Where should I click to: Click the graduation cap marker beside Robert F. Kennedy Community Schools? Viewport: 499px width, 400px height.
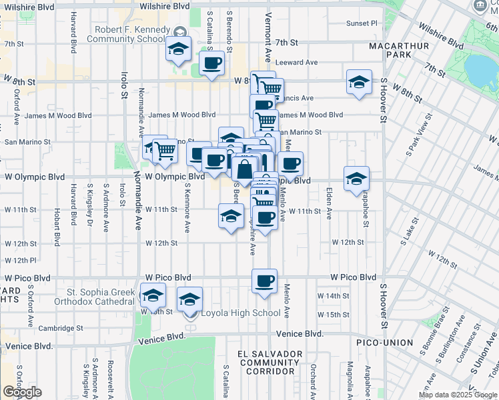(179, 49)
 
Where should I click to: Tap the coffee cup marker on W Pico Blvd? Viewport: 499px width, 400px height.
(265, 281)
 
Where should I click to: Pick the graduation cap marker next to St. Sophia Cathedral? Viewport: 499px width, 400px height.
(153, 294)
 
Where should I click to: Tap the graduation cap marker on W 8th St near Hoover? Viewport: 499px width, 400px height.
(359, 82)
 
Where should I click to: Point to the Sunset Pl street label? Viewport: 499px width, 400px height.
(361, 23)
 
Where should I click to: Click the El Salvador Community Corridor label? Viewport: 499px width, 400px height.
(270, 362)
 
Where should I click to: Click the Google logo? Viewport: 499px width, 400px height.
(23, 392)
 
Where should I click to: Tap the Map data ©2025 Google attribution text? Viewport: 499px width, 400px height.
(457, 395)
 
